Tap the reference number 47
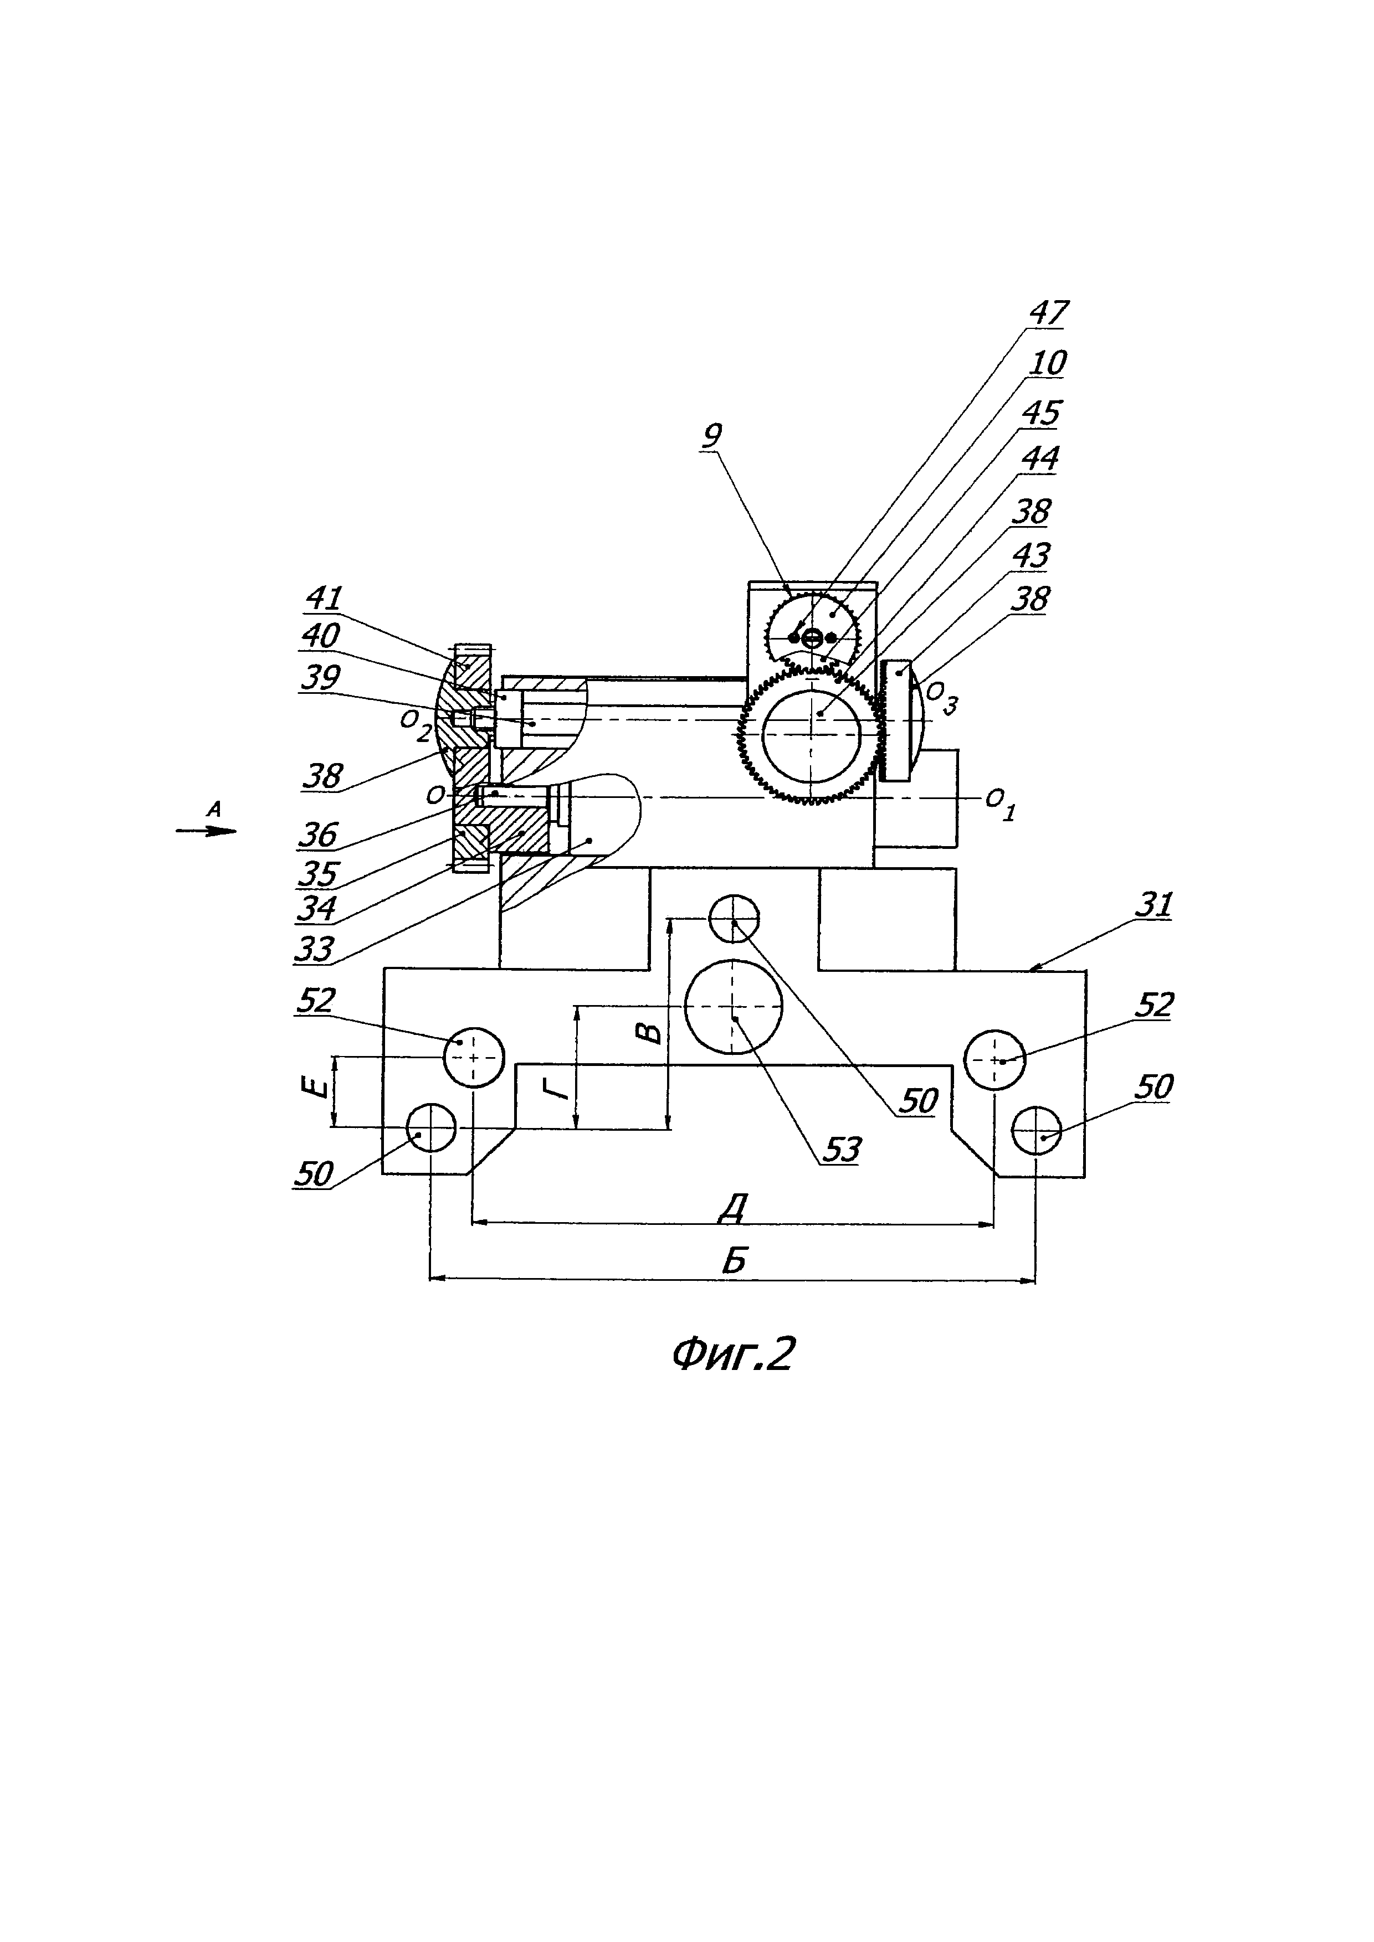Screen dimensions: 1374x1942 pyautogui.click(x=1048, y=312)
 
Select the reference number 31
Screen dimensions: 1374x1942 pyautogui.click(x=1153, y=905)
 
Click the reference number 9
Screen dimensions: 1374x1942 pyautogui.click(x=712, y=436)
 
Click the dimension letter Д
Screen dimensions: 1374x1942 pyautogui.click(x=732, y=1209)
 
